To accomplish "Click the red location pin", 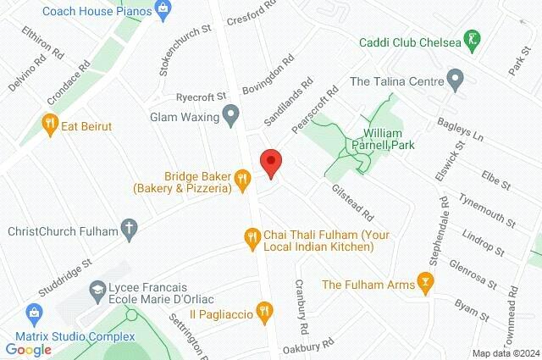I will coord(270,162).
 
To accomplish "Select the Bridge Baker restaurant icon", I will coord(243,177).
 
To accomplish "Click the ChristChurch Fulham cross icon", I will coord(129,229).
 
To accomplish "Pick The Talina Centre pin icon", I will coord(456,82).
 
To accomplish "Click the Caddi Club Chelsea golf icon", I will coord(473,40).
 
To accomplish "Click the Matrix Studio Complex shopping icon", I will coord(34,311).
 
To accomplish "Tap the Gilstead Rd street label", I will coord(352,204).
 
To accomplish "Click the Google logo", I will coord(28,350).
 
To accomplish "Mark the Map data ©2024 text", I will coord(506,353).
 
